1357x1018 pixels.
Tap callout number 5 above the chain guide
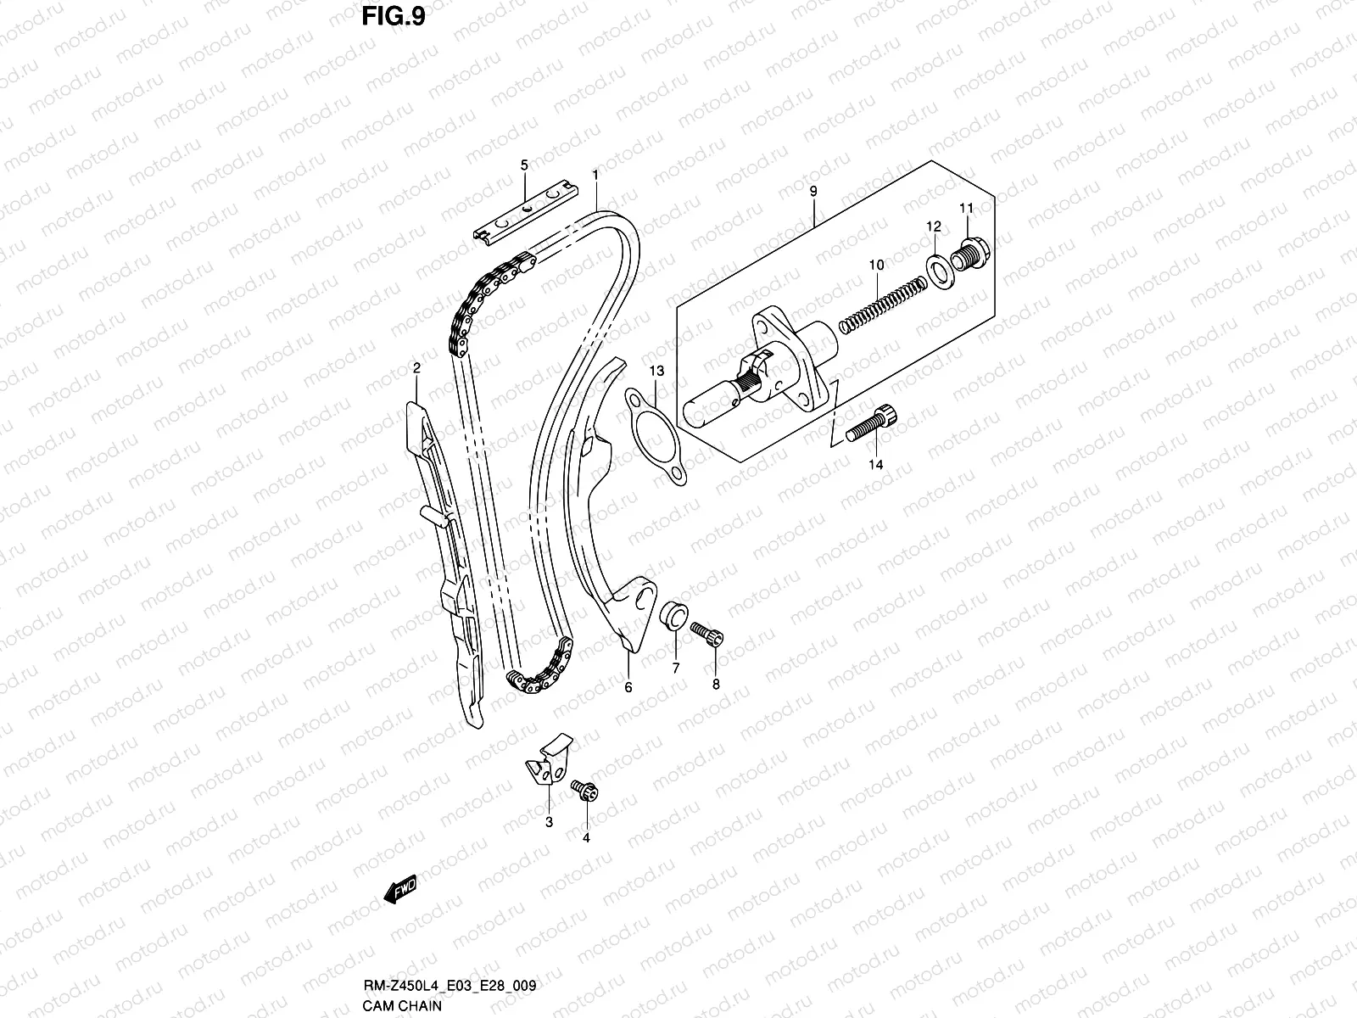[x=524, y=164]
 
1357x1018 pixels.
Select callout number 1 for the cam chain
[x=596, y=175]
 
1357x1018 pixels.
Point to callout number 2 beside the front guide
[x=416, y=367]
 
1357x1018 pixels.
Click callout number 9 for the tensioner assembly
[x=813, y=192]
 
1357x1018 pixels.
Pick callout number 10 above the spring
[x=876, y=266]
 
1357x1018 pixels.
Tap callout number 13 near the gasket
[x=657, y=372]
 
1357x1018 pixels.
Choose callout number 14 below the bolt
[x=875, y=465]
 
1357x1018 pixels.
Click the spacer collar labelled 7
[x=673, y=616]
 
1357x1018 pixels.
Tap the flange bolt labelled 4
[x=585, y=791]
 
